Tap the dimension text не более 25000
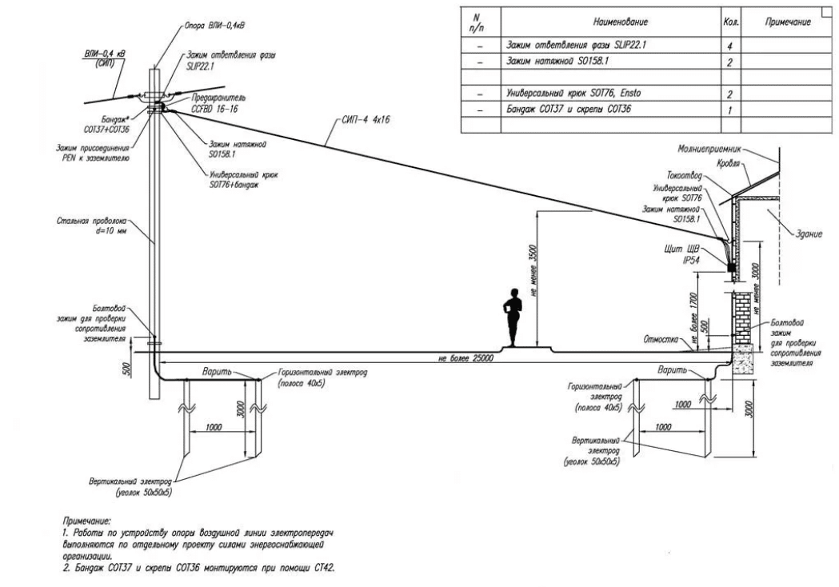point(465,358)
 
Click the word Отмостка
point(657,338)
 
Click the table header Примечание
point(789,23)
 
